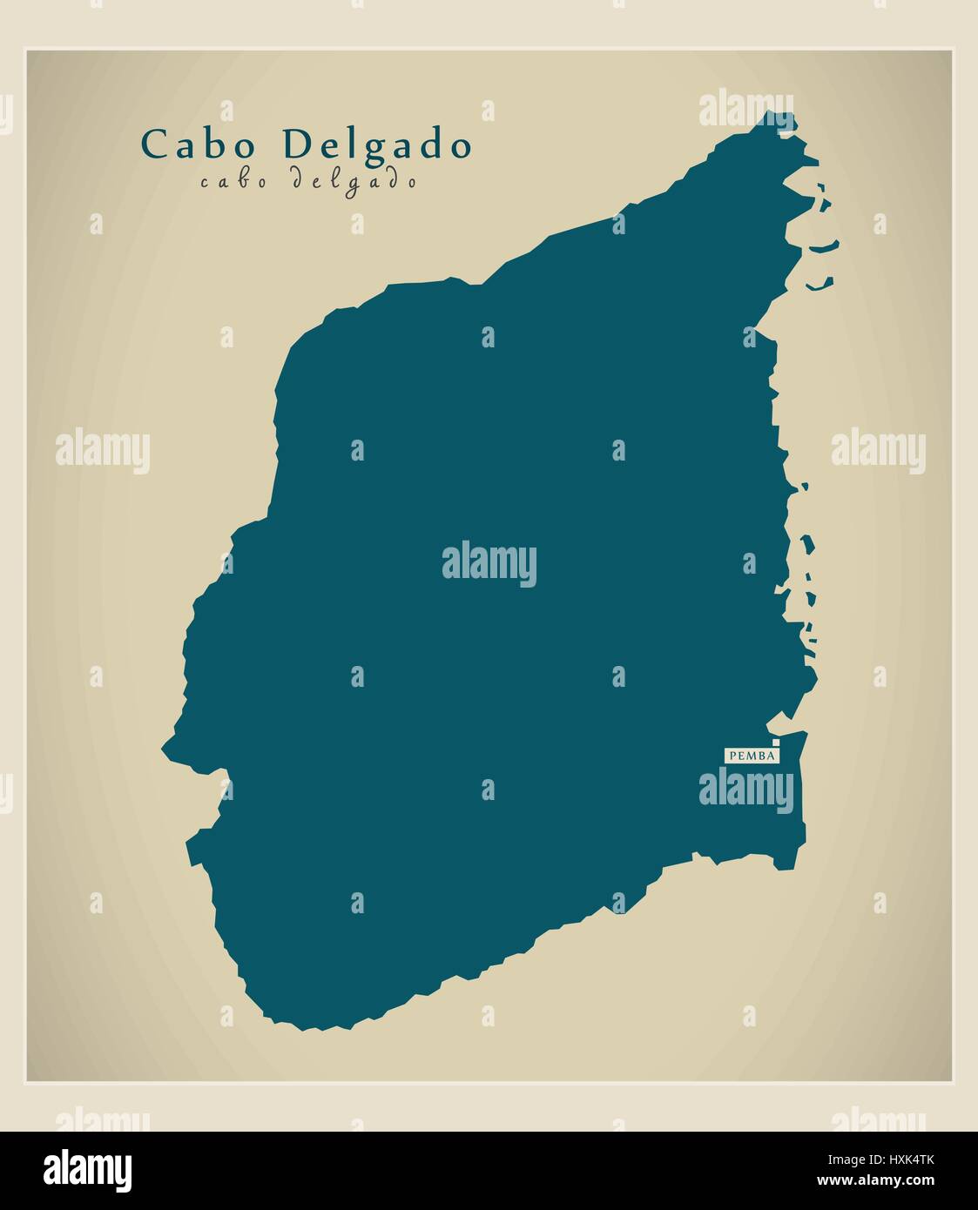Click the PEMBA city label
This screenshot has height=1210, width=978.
(x=751, y=756)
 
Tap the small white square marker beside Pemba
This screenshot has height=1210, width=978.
(x=776, y=743)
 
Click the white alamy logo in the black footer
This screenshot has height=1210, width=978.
(x=88, y=1170)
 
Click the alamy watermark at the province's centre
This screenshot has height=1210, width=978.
(x=489, y=564)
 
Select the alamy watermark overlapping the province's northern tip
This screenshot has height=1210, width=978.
(x=746, y=109)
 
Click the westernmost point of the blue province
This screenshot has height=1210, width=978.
(x=163, y=747)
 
